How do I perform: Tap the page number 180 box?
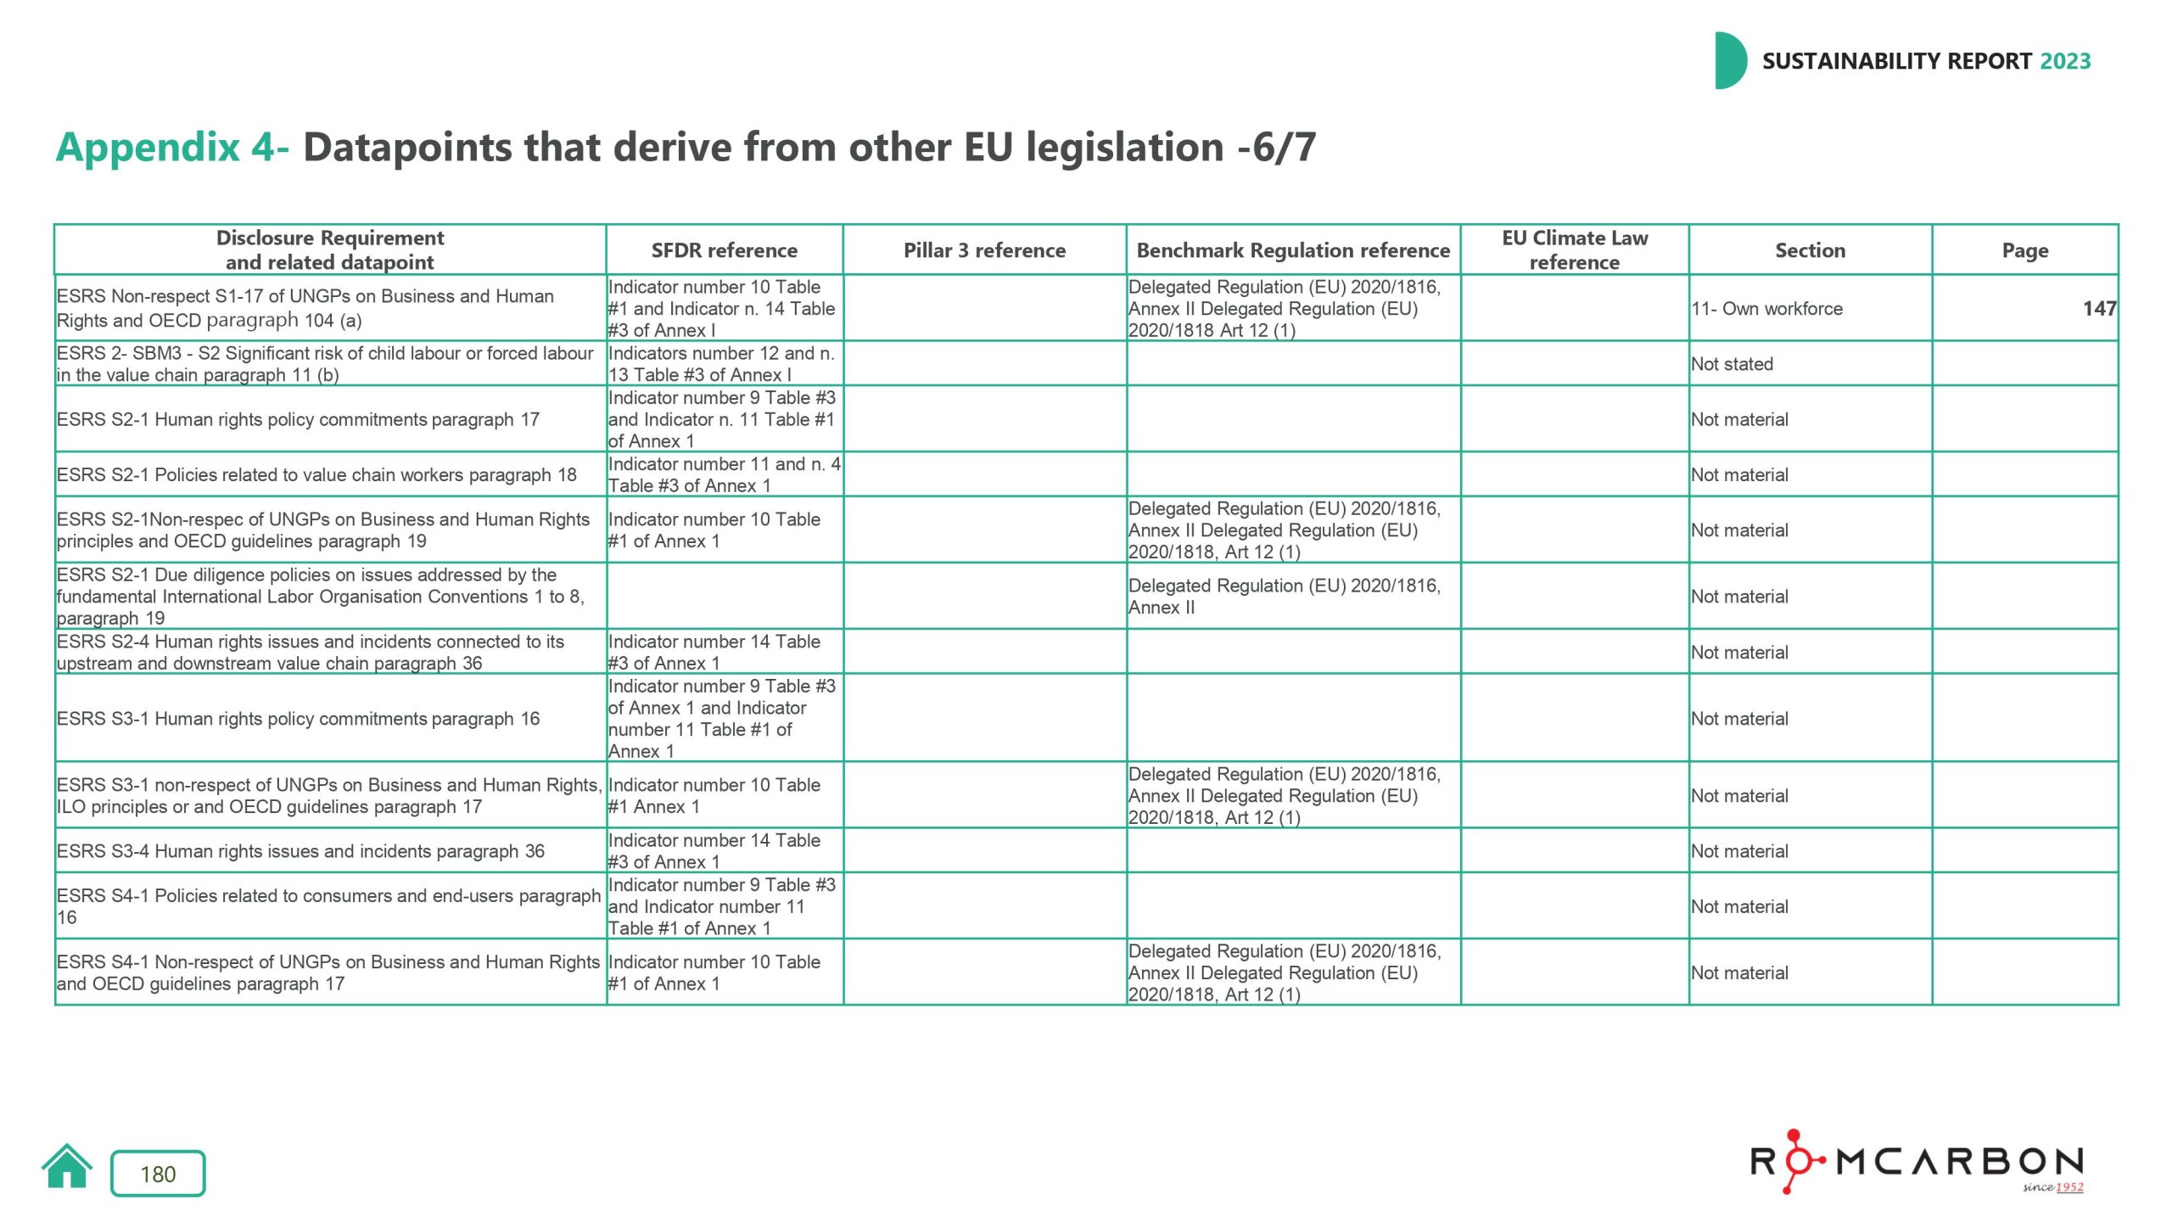tap(158, 1174)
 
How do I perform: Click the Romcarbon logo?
tap(1917, 1162)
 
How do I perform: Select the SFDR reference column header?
tap(724, 250)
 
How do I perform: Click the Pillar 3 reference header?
tap(984, 250)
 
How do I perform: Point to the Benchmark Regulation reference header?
tap(1293, 250)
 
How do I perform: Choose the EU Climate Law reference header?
tap(1575, 250)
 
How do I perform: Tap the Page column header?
tap(2024, 250)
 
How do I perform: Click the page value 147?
tap(2098, 308)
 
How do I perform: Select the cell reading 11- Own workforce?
tap(1766, 309)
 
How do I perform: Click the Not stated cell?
tap(1732, 364)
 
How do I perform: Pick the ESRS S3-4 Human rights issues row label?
tap(300, 851)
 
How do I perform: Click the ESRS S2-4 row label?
tap(311, 653)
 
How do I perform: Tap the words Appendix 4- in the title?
tap(172, 148)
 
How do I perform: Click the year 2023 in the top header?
tap(2065, 61)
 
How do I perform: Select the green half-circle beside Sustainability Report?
tap(1730, 61)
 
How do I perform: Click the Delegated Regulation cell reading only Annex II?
tap(1284, 597)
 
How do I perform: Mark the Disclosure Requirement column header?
tap(330, 250)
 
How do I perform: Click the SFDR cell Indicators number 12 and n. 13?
tap(721, 364)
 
